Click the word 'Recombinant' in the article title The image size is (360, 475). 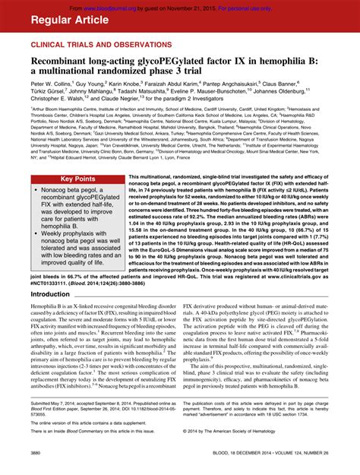66,62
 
